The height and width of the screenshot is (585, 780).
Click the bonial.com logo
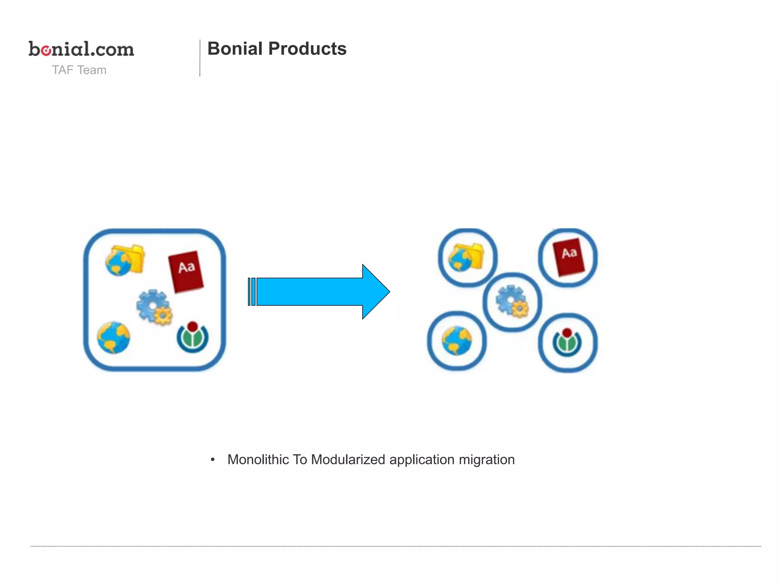[x=81, y=49]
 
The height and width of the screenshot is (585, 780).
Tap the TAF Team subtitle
[x=79, y=70]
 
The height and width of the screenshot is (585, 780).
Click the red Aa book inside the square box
[x=186, y=271]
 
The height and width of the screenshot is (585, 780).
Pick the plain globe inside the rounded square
[x=113, y=337]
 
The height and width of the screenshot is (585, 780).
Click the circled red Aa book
[x=569, y=257]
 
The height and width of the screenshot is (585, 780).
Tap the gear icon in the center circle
[x=512, y=301]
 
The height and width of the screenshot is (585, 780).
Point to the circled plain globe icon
[x=457, y=340]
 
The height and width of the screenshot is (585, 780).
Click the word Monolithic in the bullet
[x=258, y=460]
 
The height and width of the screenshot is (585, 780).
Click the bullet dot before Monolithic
[x=213, y=460]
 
